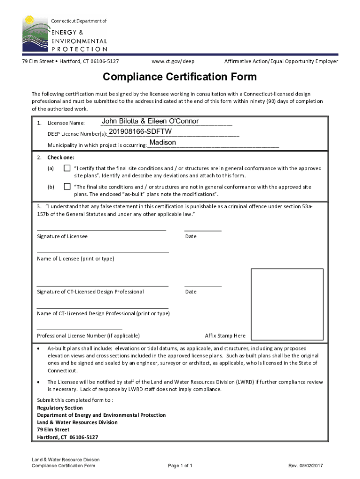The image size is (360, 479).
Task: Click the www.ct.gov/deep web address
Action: pyautogui.click(x=173, y=61)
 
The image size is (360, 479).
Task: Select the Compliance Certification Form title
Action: pyautogui.click(x=180, y=77)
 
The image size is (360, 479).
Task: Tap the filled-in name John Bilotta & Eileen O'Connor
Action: pyautogui.click(x=150, y=122)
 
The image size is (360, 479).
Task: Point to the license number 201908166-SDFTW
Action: pyautogui.click(x=140, y=132)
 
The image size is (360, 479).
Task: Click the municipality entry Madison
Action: pyautogui.click(x=163, y=142)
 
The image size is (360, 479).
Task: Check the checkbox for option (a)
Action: pyautogui.click(x=67, y=168)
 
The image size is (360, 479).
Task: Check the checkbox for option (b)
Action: pyautogui.click(x=67, y=187)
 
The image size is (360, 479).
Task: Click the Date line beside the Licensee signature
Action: pyautogui.click(x=203, y=230)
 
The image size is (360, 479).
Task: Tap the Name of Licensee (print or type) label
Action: pyautogui.click(x=75, y=259)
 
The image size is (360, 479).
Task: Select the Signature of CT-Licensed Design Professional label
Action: pyautogui.click(x=90, y=292)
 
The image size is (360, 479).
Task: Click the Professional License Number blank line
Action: pyautogui.click(x=79, y=329)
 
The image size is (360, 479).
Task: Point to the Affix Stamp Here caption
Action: pyautogui.click(x=225, y=336)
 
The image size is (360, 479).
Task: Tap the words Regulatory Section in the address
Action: pyautogui.click(x=60, y=408)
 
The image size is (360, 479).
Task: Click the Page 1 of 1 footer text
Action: pyautogui.click(x=180, y=466)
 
